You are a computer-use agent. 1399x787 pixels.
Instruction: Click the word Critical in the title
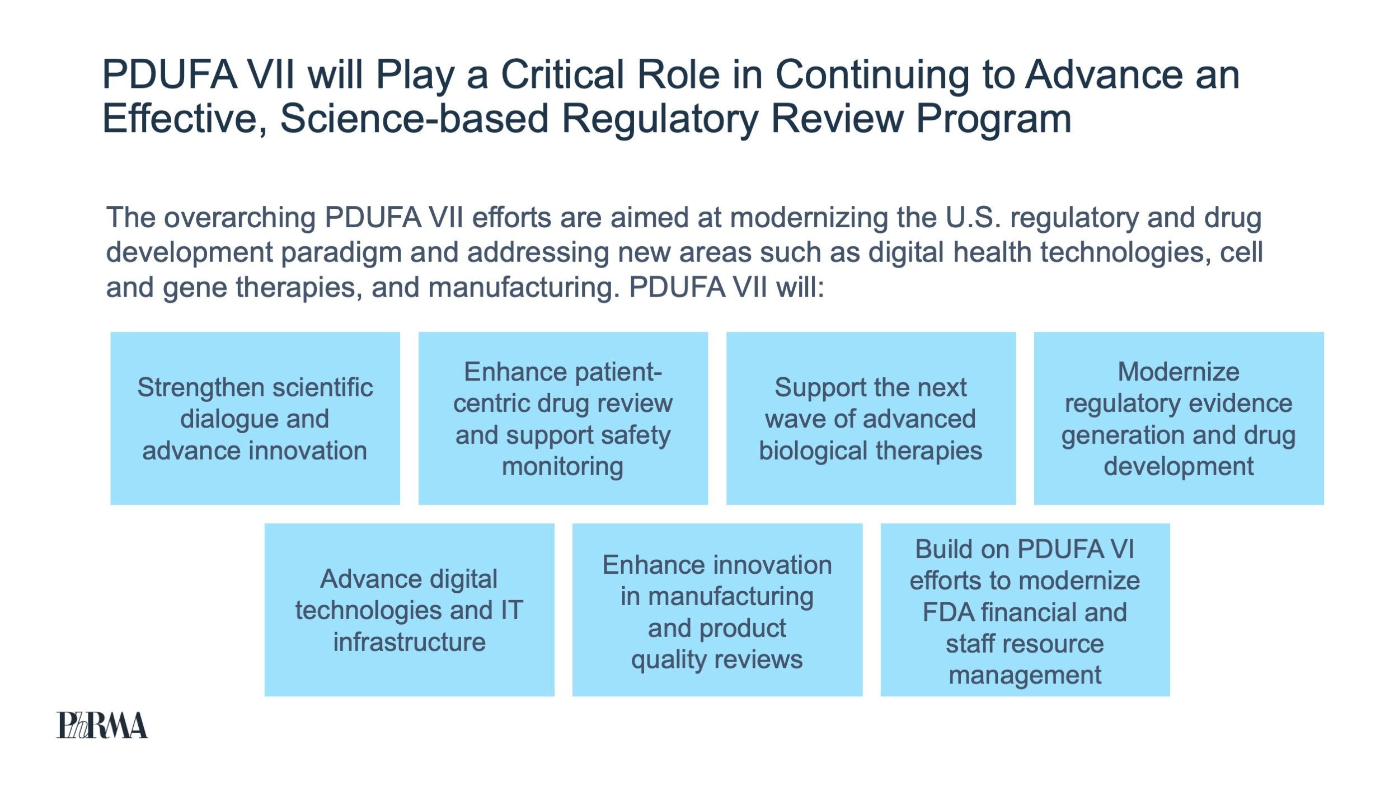[562, 74]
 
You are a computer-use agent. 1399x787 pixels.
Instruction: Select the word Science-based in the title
[414, 119]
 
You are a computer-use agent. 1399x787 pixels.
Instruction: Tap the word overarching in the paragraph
[240, 218]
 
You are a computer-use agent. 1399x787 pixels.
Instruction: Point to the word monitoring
[562, 466]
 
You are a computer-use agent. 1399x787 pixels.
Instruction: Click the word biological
[813, 451]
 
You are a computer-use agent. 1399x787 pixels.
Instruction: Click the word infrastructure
[409, 641]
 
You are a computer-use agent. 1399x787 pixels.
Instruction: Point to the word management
[1025, 675]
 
